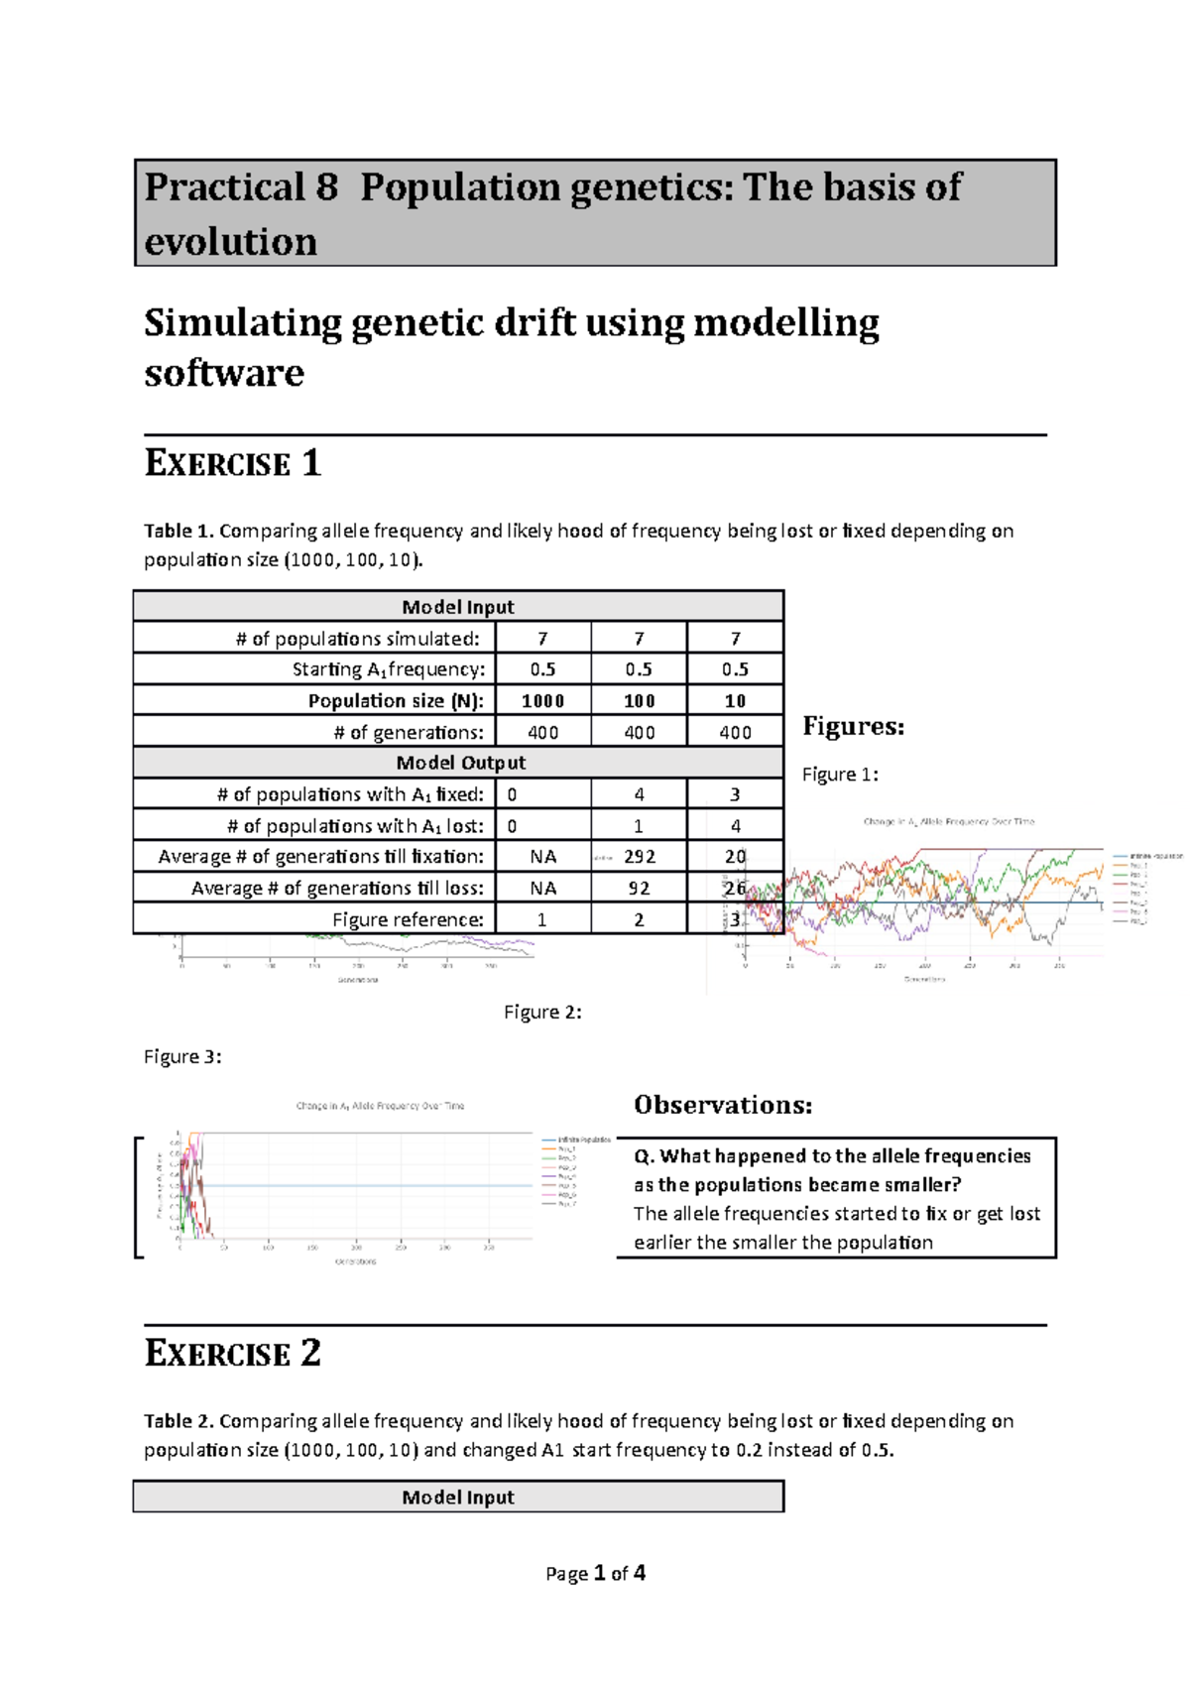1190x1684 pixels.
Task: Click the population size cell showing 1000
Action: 542,701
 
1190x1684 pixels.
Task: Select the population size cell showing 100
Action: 639,701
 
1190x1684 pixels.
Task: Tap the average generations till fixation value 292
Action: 640,857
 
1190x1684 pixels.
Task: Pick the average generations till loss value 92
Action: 639,889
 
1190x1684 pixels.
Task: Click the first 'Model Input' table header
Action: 458,607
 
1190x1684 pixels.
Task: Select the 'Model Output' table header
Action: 460,763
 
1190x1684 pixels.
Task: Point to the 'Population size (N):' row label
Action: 396,701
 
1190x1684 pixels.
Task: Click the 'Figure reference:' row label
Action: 408,919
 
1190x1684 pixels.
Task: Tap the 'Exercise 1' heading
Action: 233,464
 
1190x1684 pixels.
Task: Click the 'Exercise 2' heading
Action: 233,1354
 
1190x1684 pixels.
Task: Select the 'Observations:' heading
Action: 723,1105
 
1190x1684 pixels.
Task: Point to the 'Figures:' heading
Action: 853,727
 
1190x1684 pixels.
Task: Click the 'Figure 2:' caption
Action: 542,1013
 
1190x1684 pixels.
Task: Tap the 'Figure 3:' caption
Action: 182,1057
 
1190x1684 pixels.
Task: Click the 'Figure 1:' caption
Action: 840,775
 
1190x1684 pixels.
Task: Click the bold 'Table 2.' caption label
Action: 178,1421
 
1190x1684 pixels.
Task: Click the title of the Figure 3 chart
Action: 380,1106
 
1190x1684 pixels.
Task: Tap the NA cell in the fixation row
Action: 542,857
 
